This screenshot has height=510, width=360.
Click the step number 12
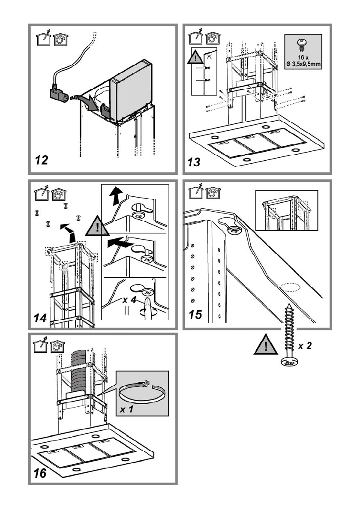tap(41, 160)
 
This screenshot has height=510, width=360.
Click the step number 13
tap(194, 162)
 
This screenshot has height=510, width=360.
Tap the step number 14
tap(40, 318)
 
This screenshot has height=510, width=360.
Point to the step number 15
tap(195, 315)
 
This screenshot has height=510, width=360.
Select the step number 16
tap(40, 473)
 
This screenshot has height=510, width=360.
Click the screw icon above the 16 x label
tap(301, 45)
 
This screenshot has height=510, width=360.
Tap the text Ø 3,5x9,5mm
tap(303, 64)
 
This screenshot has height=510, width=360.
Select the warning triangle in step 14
tap(97, 226)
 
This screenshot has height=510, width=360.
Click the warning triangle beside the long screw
tap(266, 345)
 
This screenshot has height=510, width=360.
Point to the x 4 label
tap(129, 300)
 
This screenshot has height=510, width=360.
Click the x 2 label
tap(305, 345)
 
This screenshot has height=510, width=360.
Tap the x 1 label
tap(126, 409)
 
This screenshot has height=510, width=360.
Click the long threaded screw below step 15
tap(288, 335)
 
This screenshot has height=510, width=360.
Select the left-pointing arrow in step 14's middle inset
tap(120, 243)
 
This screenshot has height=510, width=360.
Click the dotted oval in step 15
tap(290, 288)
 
